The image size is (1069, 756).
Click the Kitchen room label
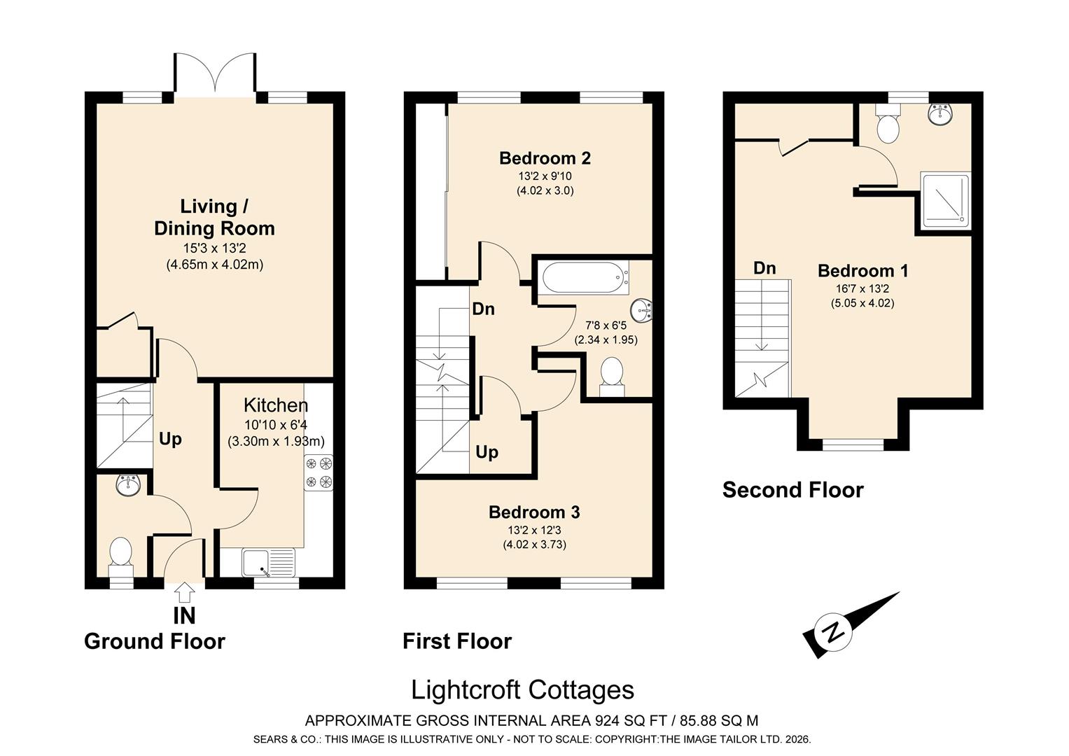(x=276, y=405)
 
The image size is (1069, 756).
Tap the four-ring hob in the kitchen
(x=319, y=473)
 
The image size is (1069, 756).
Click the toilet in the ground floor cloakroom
(x=120, y=556)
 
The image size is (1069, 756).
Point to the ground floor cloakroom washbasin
(x=128, y=484)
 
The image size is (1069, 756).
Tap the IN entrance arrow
(x=184, y=592)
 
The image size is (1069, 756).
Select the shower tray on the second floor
(x=945, y=200)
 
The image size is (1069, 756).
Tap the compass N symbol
(x=833, y=633)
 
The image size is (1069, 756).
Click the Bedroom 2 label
(x=545, y=158)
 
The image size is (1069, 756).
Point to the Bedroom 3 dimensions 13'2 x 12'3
(x=535, y=530)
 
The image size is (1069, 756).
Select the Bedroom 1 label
(x=863, y=271)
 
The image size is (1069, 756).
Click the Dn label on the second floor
(x=764, y=267)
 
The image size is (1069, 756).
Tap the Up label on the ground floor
(x=170, y=440)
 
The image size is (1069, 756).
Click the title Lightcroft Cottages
(x=522, y=690)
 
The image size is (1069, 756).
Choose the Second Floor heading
(x=792, y=490)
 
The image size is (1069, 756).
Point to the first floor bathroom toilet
(x=612, y=377)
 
